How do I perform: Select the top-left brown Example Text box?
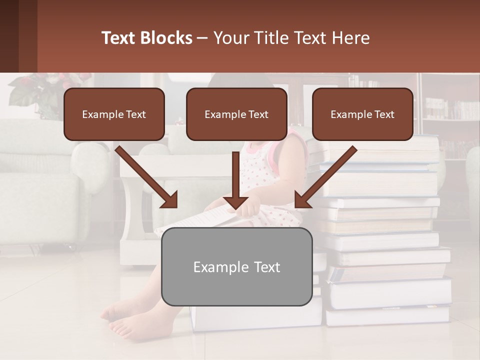point(114,114)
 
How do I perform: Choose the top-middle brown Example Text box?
point(236,114)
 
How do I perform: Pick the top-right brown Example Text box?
point(362,114)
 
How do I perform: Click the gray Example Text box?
point(236,266)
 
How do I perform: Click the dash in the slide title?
point(202,38)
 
